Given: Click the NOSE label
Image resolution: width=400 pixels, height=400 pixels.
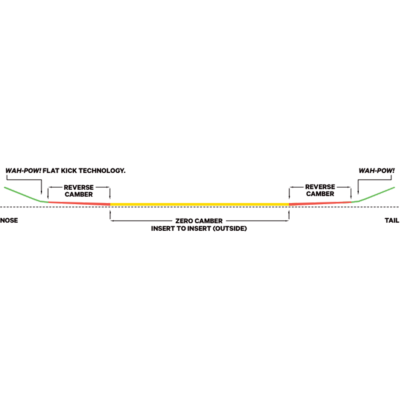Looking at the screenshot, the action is pyautogui.click(x=9, y=220).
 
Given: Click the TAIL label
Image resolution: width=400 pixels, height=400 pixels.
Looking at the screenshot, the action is pyautogui.click(x=392, y=220).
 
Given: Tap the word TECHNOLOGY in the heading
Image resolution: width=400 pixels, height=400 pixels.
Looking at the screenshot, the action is pyautogui.click(x=102, y=171).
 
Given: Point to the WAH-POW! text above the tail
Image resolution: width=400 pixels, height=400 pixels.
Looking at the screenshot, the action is pyautogui.click(x=377, y=171).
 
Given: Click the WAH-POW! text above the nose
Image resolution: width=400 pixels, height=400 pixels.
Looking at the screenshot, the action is pyautogui.click(x=23, y=171).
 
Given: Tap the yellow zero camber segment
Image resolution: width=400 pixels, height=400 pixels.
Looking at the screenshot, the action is pyautogui.click(x=199, y=204).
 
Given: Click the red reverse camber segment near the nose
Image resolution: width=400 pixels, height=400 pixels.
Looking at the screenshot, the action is pyautogui.click(x=79, y=203).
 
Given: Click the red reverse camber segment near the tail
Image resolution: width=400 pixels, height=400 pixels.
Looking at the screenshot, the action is pyautogui.click(x=320, y=203).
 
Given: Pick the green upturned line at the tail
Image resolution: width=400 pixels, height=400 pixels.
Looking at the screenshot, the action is pyautogui.click(x=373, y=195).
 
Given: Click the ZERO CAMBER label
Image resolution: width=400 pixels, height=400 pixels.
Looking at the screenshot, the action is pyautogui.click(x=199, y=221).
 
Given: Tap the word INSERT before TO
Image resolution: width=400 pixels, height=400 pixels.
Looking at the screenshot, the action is pyautogui.click(x=163, y=229).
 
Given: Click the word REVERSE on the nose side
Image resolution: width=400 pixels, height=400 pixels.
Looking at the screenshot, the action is pyautogui.click(x=79, y=187).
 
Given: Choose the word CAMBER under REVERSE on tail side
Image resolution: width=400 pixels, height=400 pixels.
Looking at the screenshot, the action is pyautogui.click(x=320, y=194).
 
